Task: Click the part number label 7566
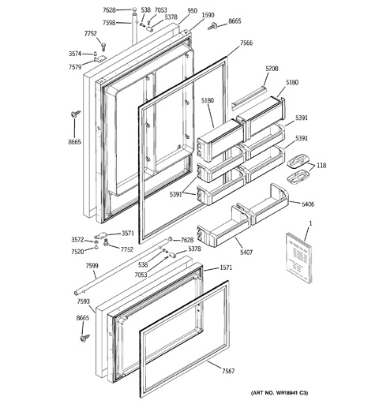(246, 43)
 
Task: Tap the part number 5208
(272, 69)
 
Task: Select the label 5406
(308, 204)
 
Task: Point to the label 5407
(246, 252)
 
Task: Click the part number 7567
(228, 371)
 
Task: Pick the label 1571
(226, 267)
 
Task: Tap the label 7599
(92, 266)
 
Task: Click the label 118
(321, 165)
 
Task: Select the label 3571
(128, 233)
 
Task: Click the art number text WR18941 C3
(291, 393)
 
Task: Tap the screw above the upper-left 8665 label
(76, 114)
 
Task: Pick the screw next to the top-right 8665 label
(212, 27)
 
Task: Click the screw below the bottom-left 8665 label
(85, 338)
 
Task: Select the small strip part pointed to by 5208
(249, 98)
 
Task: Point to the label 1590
(208, 15)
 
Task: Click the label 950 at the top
(193, 10)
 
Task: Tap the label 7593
(83, 301)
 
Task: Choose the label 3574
(75, 54)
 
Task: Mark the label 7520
(77, 252)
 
